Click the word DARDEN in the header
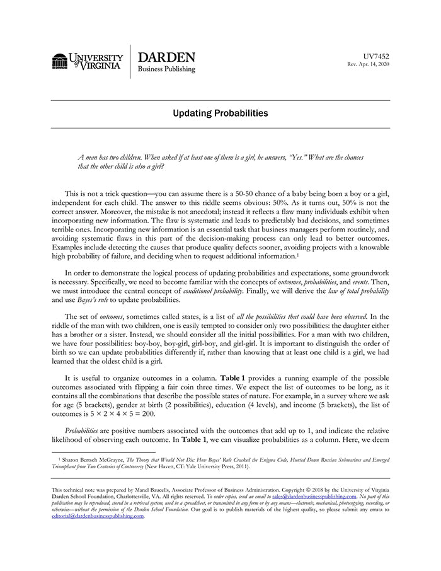166,57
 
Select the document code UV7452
376,56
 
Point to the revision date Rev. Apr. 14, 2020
369,65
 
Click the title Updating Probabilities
220,113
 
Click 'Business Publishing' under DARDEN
166,69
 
